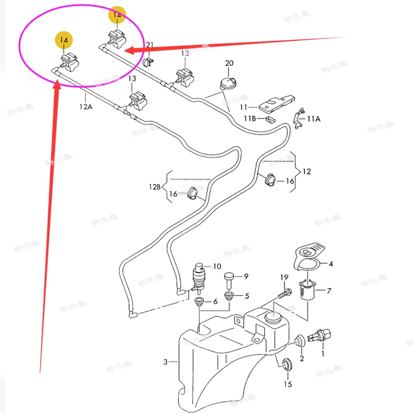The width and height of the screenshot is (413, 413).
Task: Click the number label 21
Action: click(150, 45)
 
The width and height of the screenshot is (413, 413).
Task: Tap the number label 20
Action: click(229, 63)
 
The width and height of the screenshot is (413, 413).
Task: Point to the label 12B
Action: click(155, 186)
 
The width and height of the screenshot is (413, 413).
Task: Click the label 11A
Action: click(313, 118)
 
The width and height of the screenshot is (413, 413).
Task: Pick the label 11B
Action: click(250, 119)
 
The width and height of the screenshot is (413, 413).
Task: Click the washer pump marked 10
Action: click(198, 276)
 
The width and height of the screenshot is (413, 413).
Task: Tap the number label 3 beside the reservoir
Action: click(166, 362)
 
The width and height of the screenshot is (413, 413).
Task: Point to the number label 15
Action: click(288, 384)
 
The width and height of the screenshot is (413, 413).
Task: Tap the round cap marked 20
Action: click(228, 83)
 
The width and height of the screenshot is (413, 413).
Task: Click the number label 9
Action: click(246, 276)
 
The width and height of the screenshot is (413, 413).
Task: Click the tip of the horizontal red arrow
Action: click(128, 51)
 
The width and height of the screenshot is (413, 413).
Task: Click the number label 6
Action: click(216, 301)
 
